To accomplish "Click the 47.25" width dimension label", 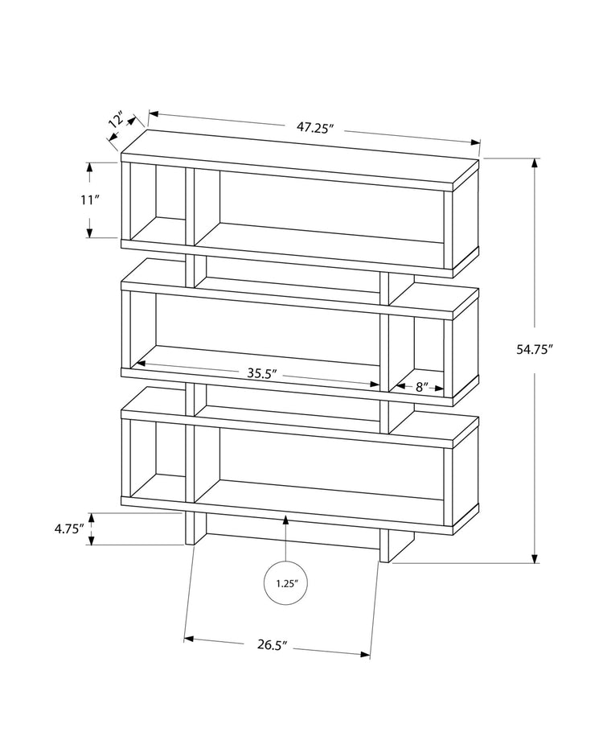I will click(314, 126).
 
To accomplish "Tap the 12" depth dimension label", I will click(117, 121).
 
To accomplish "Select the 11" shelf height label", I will click(88, 200).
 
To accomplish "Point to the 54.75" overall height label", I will click(558, 349).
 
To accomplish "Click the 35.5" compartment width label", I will click(261, 372).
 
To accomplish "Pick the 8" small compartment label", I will click(420, 387).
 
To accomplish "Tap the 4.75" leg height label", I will click(69, 529).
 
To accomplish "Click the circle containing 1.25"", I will click(286, 582).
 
